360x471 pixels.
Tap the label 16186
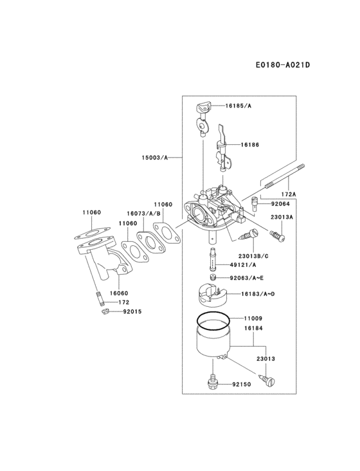pos(250,145)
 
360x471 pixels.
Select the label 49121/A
pos(242,264)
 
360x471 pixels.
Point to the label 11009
pos(253,318)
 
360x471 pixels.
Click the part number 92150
pos(241,384)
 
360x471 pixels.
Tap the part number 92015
pos(132,311)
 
